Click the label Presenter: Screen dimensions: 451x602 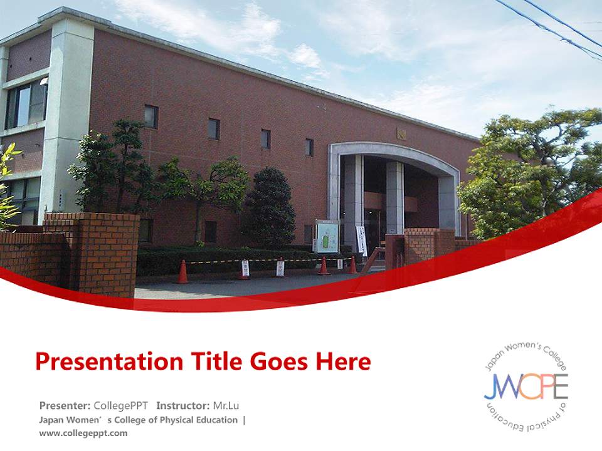[x=65, y=405]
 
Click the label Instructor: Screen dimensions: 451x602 [x=183, y=405]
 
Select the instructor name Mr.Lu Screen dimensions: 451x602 [x=226, y=405]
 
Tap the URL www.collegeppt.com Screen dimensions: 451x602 [x=83, y=433]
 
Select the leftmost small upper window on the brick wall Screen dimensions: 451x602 [x=151, y=117]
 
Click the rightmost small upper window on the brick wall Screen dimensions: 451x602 [x=309, y=147]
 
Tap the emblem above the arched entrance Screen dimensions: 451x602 [x=401, y=134]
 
